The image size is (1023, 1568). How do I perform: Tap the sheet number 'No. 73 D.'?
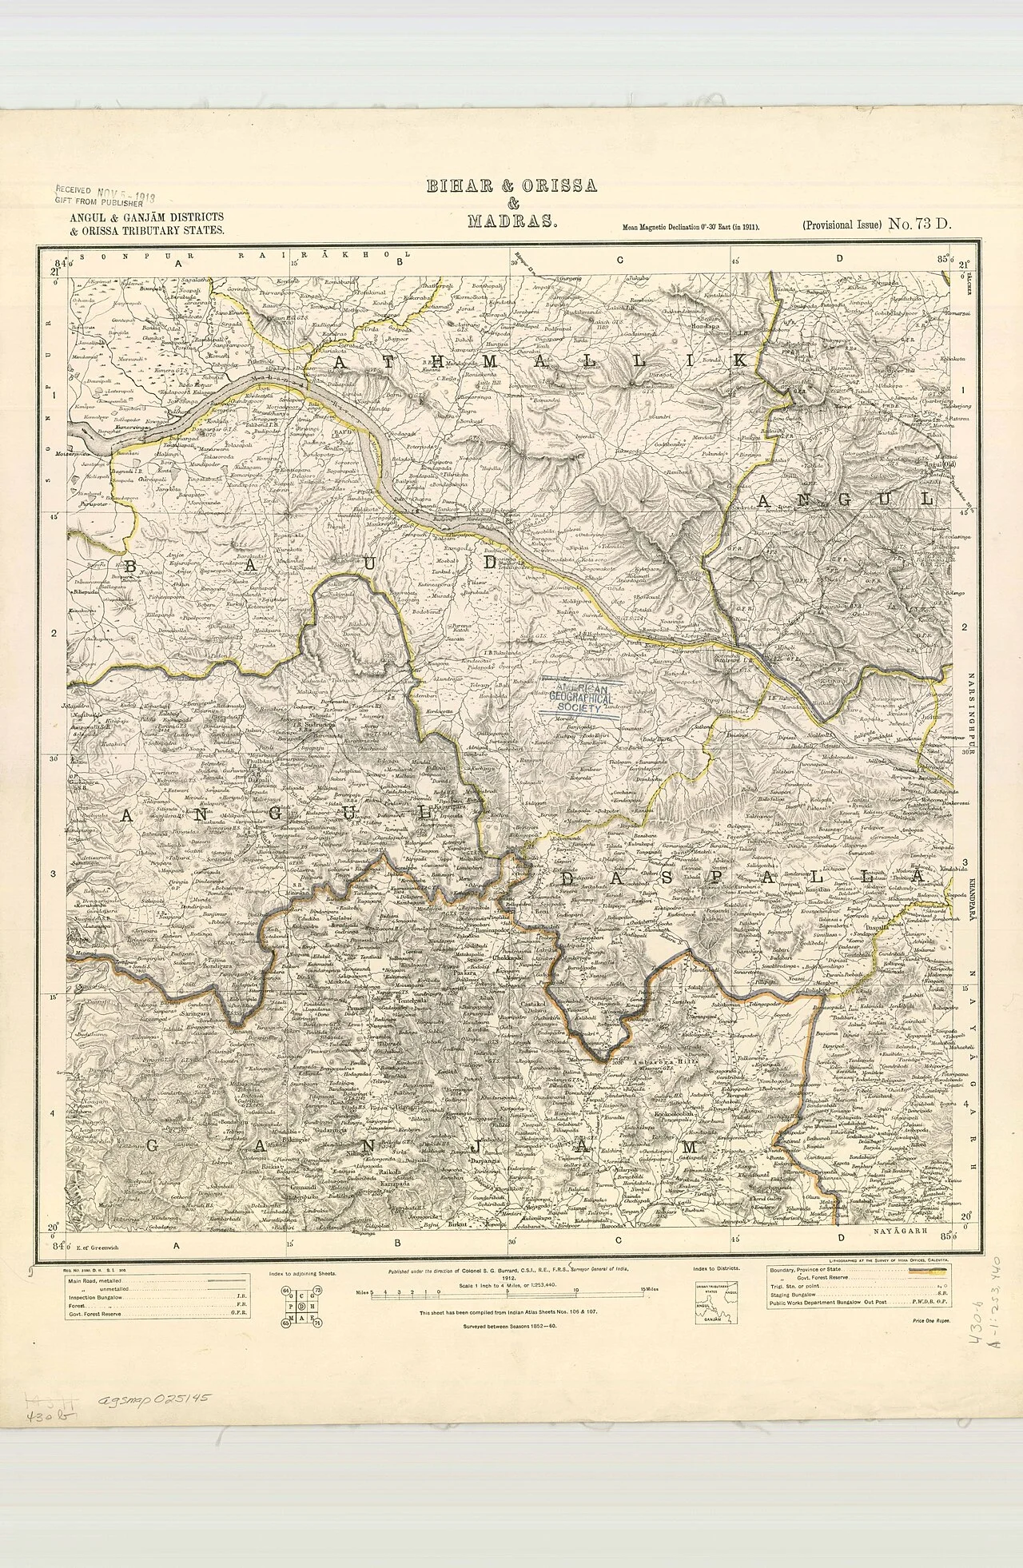point(919,225)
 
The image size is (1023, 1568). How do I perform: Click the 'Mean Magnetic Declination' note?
point(691,228)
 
